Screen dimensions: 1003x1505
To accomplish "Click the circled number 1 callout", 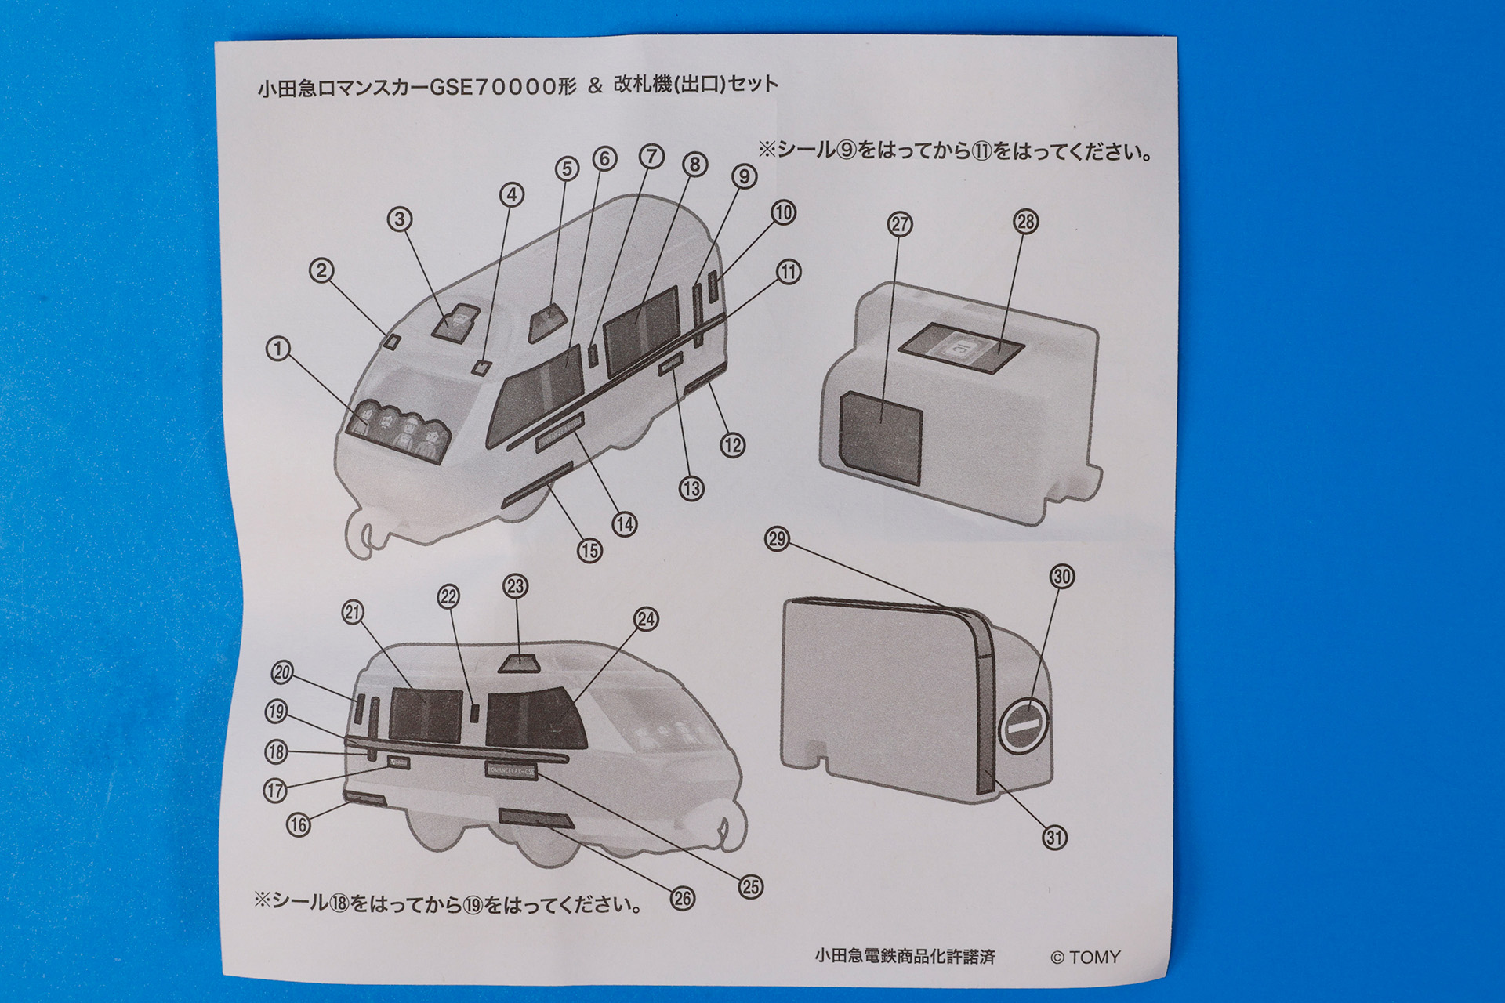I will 278,349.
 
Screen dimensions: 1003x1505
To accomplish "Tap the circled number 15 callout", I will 590,551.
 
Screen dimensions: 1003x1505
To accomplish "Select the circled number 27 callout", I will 900,225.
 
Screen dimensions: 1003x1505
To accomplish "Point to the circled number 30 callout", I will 1061,577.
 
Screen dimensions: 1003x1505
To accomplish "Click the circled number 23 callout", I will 515,586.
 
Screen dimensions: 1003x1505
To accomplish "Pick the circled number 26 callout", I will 683,898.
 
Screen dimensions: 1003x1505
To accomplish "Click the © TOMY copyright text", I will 1085,957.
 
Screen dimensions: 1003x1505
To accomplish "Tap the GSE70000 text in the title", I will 493,86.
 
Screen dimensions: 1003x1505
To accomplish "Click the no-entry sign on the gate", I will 1024,726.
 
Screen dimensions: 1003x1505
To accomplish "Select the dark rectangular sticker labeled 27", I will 880,435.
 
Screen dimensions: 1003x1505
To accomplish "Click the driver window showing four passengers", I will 399,432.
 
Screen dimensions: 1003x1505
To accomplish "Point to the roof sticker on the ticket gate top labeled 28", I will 961,347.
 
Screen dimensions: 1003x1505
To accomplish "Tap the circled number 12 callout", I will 732,446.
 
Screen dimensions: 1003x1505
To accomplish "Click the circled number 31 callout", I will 1054,838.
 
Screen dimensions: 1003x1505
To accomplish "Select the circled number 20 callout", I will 282,672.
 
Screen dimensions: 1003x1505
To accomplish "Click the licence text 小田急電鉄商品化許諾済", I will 905,957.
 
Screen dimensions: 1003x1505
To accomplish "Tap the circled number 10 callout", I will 783,213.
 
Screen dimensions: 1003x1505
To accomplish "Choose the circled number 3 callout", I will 400,219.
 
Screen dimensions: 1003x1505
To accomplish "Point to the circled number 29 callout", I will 777,539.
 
